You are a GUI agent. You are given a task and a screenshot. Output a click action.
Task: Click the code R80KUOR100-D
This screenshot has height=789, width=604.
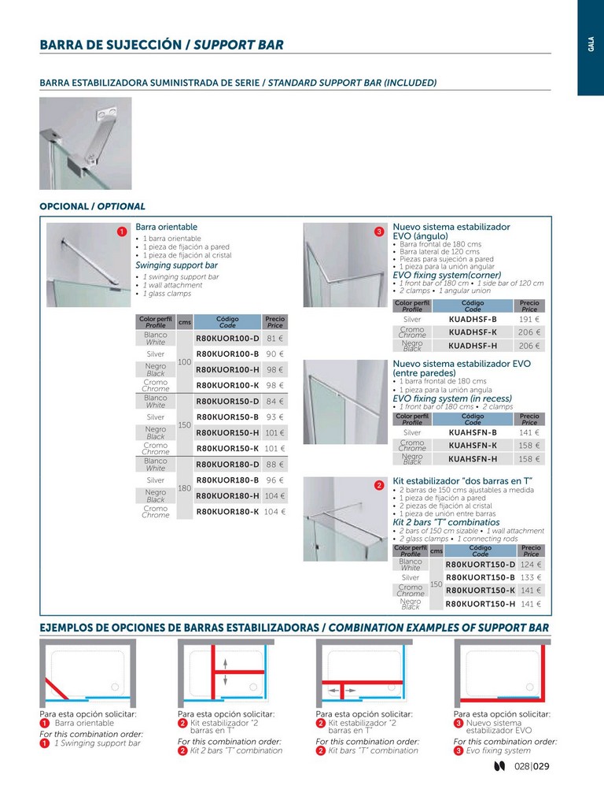coord(227,339)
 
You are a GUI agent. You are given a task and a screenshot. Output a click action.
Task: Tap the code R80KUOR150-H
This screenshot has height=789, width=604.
coord(227,433)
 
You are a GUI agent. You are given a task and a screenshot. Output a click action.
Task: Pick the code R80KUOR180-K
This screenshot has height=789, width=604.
coord(227,512)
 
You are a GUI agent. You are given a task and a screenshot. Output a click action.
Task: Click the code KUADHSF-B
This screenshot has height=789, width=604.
coord(473,319)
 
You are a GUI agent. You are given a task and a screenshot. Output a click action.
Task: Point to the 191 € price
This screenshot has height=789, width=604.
coord(529,319)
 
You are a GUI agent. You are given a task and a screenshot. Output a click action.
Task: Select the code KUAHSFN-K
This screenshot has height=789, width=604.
coord(473,446)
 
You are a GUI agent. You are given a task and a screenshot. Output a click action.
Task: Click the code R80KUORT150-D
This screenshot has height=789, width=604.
coord(481,565)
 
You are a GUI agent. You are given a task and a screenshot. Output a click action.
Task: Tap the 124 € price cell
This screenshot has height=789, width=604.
coord(531,565)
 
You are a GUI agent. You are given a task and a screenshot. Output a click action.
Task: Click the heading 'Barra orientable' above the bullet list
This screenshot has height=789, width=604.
coord(166,227)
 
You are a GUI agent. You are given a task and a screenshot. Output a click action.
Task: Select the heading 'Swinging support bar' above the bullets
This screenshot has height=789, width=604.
coord(176,265)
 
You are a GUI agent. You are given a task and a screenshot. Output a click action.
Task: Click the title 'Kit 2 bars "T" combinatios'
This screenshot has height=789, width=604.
coord(446,522)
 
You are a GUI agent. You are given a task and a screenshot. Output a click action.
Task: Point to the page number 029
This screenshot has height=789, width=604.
coord(541,766)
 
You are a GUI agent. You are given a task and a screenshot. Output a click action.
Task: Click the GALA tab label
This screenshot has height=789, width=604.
coord(591,44)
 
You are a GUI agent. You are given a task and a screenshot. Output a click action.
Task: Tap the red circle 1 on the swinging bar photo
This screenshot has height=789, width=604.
coord(122,232)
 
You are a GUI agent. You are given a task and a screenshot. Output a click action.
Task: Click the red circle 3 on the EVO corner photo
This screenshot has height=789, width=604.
coord(379,232)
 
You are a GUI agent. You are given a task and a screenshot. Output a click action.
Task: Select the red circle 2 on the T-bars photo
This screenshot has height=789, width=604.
coord(379,486)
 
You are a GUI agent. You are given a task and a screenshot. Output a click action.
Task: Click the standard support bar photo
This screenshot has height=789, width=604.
coord(86,143)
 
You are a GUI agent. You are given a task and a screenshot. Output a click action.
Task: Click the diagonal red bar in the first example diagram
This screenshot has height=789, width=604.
coord(57,689)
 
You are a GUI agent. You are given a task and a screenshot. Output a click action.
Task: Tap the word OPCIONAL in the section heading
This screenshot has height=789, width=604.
coord(64,206)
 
